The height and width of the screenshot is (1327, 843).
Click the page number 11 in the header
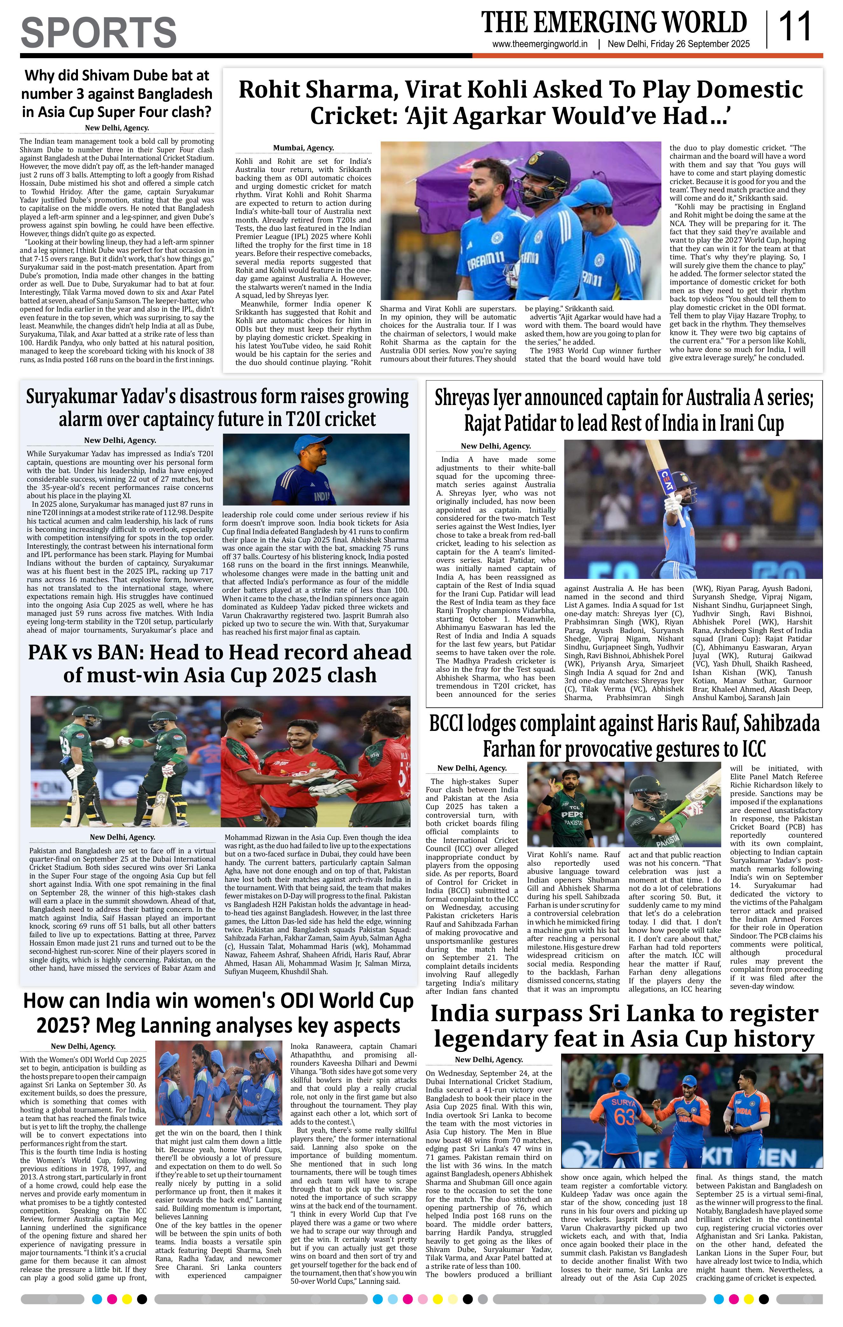click(794, 27)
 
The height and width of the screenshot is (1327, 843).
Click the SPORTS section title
click(99, 32)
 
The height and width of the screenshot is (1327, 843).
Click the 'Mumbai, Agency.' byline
click(303, 148)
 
